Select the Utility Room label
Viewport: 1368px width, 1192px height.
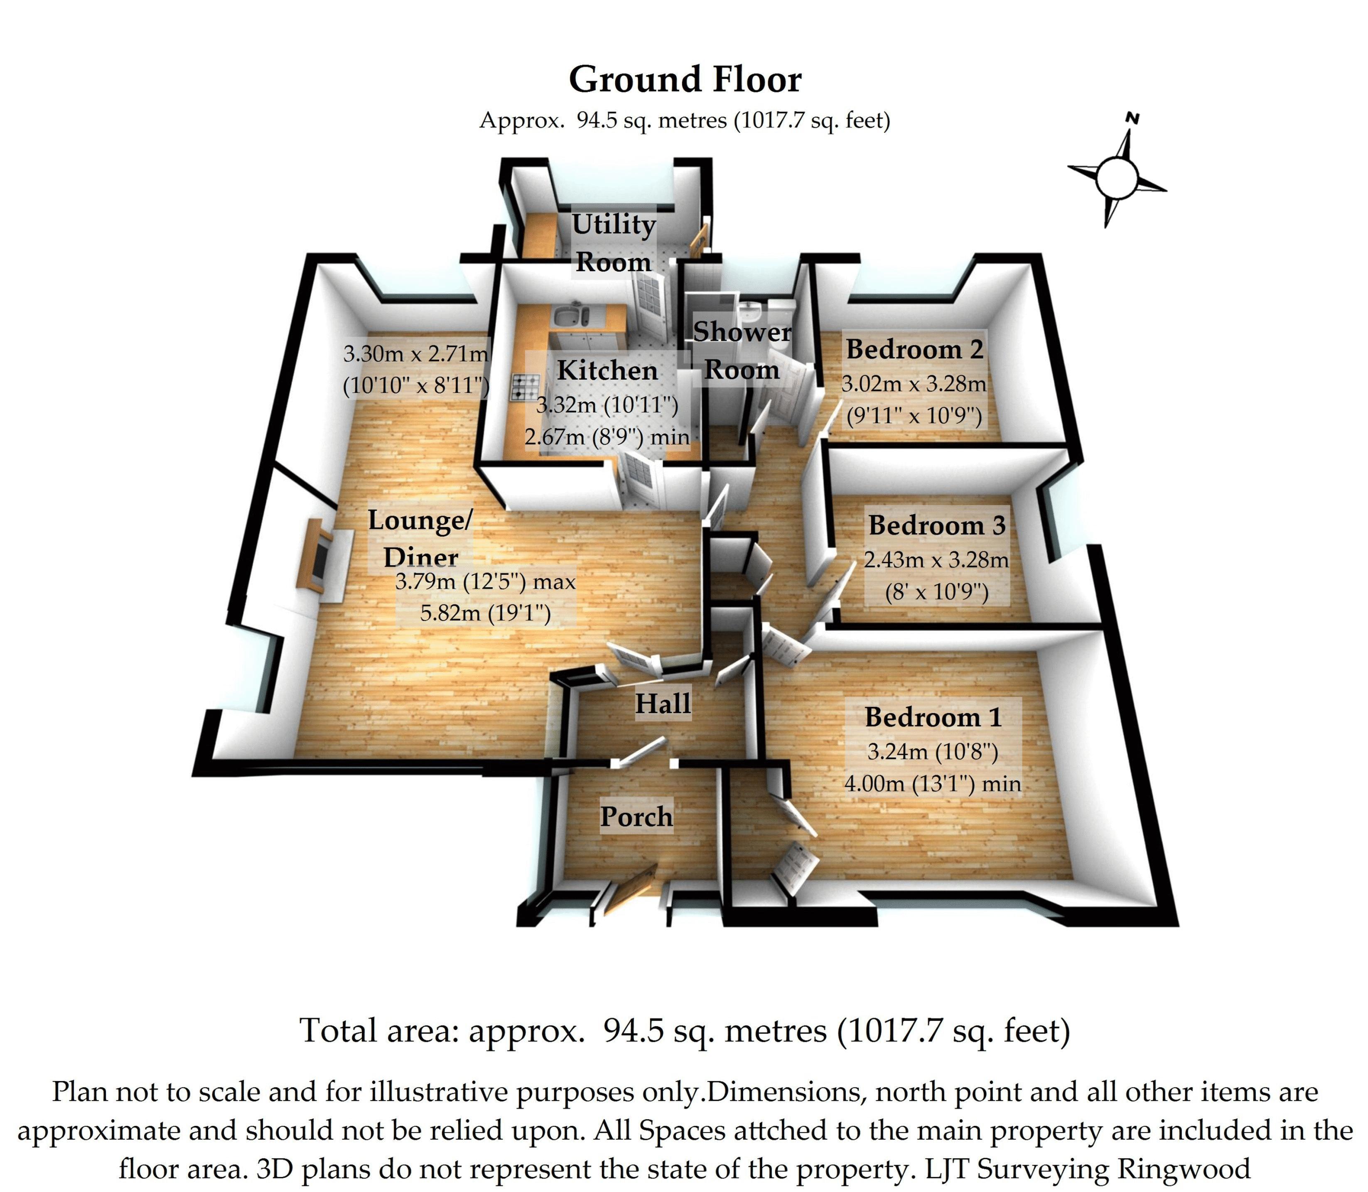point(614,243)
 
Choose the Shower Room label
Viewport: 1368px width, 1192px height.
point(742,351)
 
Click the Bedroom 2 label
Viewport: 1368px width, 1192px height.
point(914,349)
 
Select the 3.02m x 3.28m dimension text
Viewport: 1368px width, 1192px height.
point(914,384)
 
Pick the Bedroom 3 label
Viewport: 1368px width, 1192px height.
point(936,525)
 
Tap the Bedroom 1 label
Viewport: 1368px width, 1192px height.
point(933,717)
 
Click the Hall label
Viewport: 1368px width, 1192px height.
point(663,704)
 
